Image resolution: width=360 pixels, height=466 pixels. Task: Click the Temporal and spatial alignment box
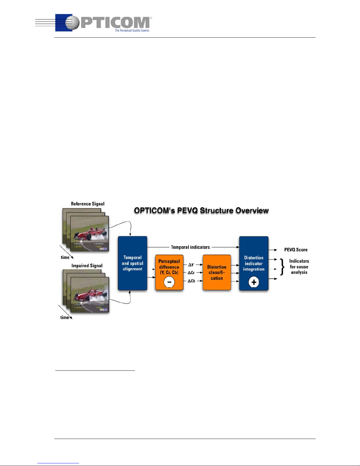132,263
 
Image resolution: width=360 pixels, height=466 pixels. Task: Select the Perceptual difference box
169,267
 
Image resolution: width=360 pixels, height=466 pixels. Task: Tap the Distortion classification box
217,273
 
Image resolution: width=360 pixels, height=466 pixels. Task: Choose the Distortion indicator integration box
254,263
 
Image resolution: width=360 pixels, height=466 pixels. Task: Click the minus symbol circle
169,282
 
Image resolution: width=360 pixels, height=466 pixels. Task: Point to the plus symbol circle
254,283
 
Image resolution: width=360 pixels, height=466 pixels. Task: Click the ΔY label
191,265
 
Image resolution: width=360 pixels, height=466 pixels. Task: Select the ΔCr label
191,273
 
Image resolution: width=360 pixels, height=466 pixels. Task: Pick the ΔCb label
191,281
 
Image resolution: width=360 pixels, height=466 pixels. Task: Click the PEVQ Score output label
296,250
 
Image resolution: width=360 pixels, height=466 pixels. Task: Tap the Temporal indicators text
190,247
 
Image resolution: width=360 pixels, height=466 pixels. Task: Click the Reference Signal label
88,204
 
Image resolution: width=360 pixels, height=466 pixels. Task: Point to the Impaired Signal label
87,266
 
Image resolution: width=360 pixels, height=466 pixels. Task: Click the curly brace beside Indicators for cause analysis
282,267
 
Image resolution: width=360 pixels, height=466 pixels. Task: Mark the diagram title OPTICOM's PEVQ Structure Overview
201,211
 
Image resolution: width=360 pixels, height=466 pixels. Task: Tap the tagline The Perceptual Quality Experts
132,30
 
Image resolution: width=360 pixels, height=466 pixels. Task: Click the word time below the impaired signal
64,318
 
